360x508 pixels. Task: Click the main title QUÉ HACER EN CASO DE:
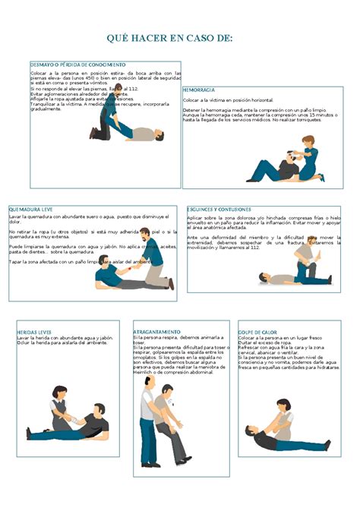coord(169,38)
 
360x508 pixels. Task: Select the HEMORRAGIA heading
coord(199,90)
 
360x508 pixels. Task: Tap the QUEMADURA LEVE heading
coord(31,209)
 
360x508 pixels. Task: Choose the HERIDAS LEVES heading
coord(34,332)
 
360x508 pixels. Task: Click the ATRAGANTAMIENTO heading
coord(157,332)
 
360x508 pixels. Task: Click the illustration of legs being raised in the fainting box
coord(125,121)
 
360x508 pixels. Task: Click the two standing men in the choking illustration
coord(163,421)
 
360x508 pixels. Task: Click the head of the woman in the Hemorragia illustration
coord(308,141)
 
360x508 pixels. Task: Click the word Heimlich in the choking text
coord(144,373)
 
